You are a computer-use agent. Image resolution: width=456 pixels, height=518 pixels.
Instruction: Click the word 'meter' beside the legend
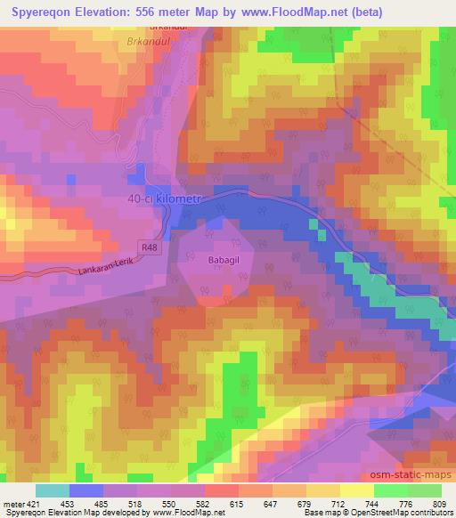click(13, 504)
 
